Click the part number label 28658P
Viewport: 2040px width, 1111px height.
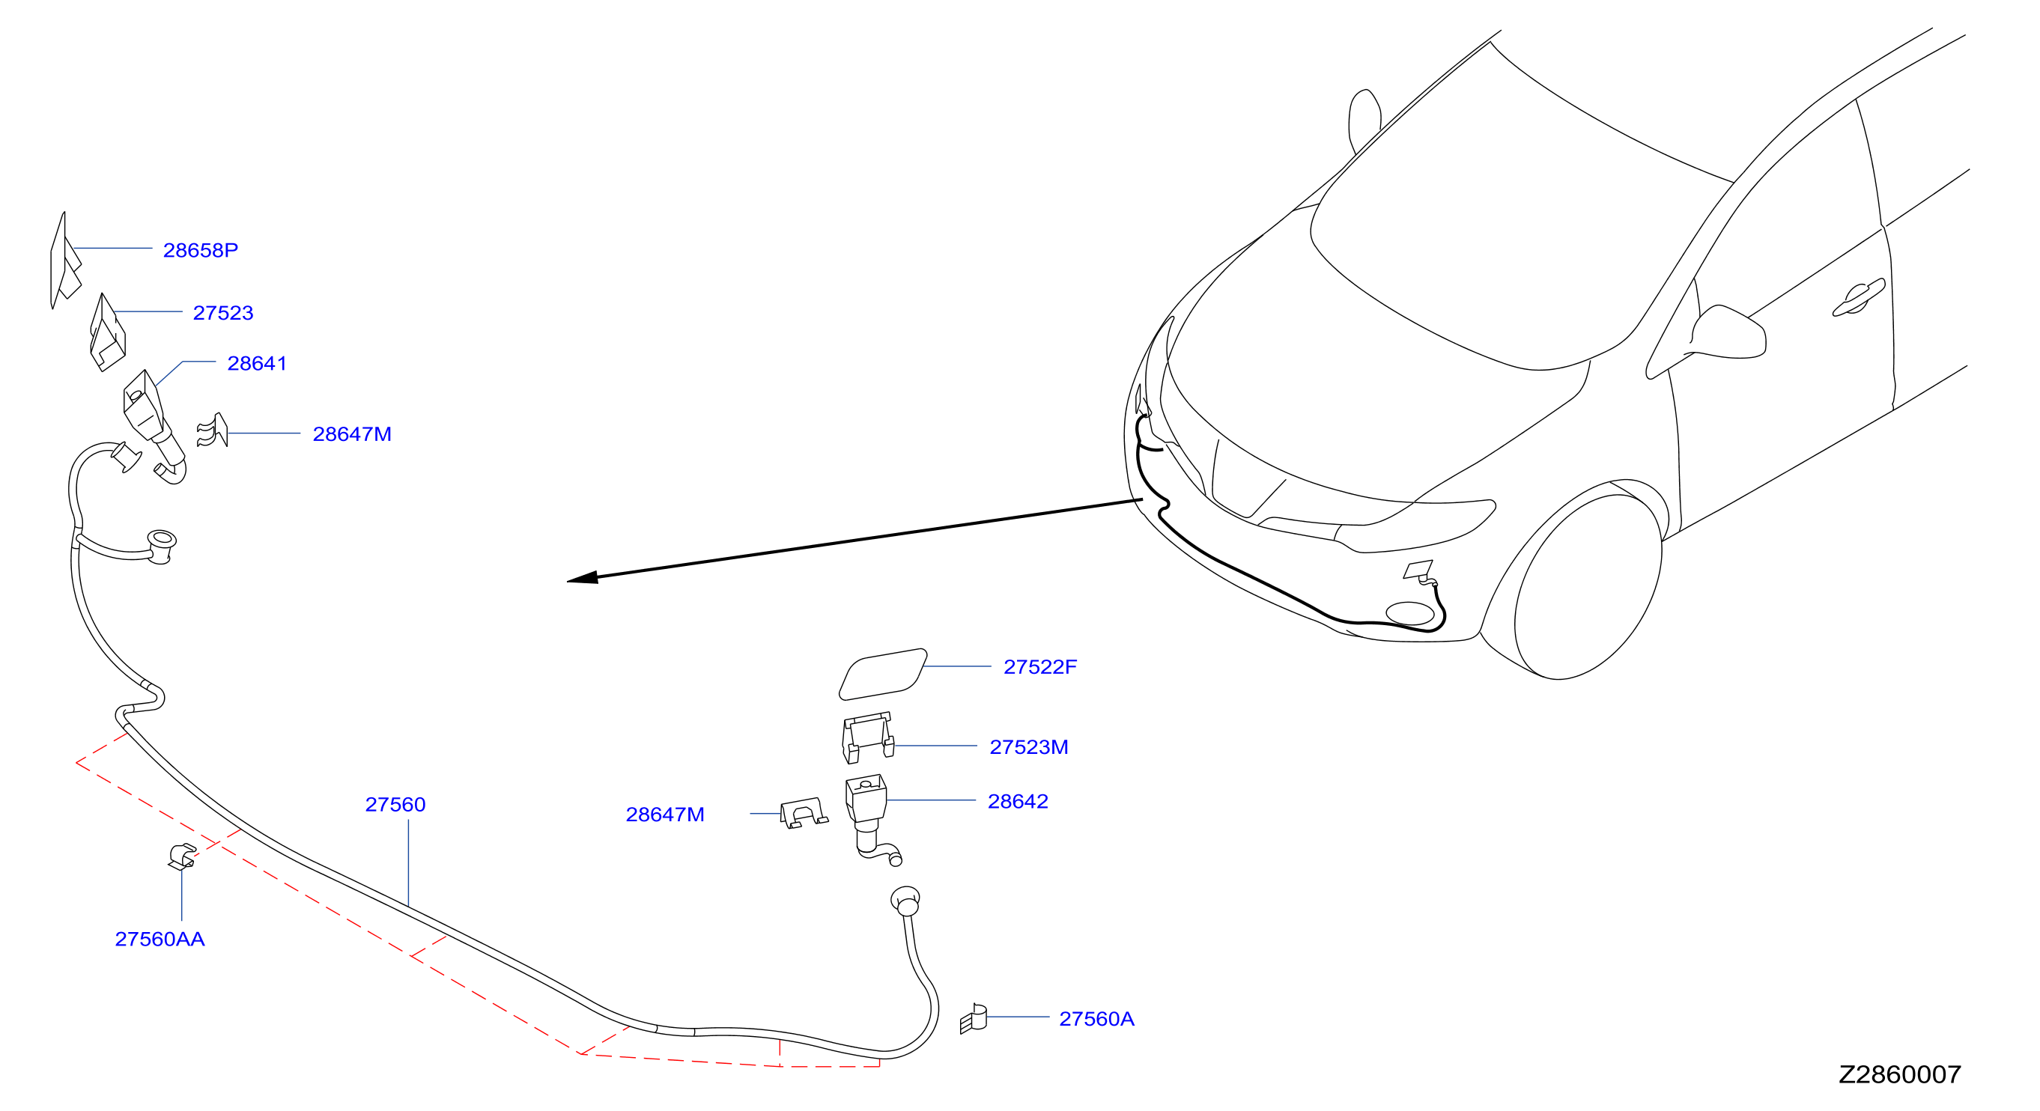201,250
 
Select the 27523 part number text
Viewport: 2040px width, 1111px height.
223,313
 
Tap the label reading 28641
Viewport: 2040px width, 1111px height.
257,363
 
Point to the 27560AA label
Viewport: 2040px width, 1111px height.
160,939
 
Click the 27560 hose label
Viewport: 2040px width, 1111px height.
395,805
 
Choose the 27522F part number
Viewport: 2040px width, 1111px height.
1039,667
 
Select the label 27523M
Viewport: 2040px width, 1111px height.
1029,746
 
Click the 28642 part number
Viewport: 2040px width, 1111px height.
1018,801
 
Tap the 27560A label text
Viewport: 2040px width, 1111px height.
1097,1018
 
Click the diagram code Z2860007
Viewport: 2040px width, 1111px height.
1900,1074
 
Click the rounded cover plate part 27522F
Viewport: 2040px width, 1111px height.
883,674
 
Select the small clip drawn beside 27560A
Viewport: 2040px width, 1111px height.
974,1019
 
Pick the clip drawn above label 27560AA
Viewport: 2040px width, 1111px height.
182,856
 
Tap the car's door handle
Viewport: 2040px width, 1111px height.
1859,298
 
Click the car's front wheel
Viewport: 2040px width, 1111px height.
1587,587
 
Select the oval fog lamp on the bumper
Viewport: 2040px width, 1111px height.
1410,614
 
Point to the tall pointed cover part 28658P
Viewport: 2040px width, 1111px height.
64,261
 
